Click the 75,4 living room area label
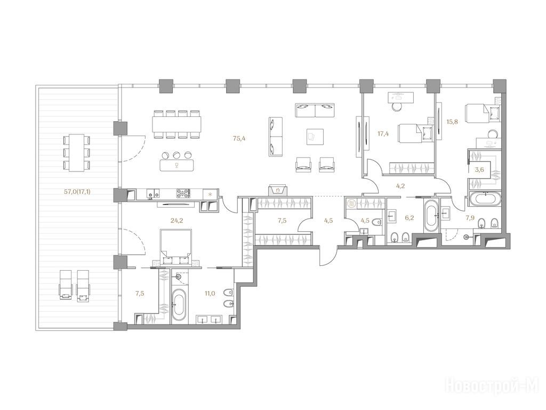pos(239,138)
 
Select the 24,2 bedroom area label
pos(177,220)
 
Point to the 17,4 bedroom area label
pos(383,133)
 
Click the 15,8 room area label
pos(452,122)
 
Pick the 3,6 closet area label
pos(480,170)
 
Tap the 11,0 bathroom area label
pos(210,293)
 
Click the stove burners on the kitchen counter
pos(183,194)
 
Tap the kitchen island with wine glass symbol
pos(177,165)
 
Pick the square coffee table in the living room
pos(315,136)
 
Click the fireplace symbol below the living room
pos(277,191)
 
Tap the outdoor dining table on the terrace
pos(77,153)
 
